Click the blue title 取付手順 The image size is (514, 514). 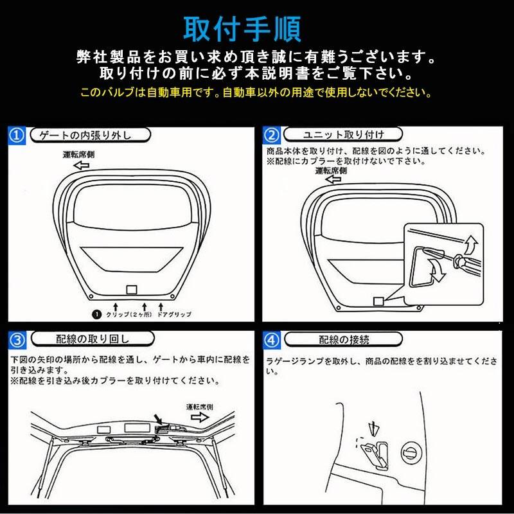[x=242, y=29]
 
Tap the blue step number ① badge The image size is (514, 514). [x=17, y=136]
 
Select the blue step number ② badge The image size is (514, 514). [x=271, y=136]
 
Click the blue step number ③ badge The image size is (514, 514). [x=17, y=340]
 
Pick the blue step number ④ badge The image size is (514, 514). [x=272, y=341]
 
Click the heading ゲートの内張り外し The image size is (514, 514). [x=85, y=135]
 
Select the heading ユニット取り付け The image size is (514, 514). [x=343, y=134]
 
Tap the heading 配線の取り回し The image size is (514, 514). [x=93, y=339]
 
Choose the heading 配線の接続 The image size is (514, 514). [x=344, y=340]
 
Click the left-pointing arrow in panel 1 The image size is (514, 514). [x=82, y=165]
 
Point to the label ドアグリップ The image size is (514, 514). [x=174, y=314]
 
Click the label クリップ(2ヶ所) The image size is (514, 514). [x=129, y=314]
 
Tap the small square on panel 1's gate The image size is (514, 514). [x=132, y=290]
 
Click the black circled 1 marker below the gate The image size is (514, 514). [x=96, y=314]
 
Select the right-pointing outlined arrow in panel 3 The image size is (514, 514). [x=200, y=417]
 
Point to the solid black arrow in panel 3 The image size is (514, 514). [x=159, y=420]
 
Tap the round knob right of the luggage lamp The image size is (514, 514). [x=411, y=453]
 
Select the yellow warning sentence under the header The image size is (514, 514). [x=256, y=93]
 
